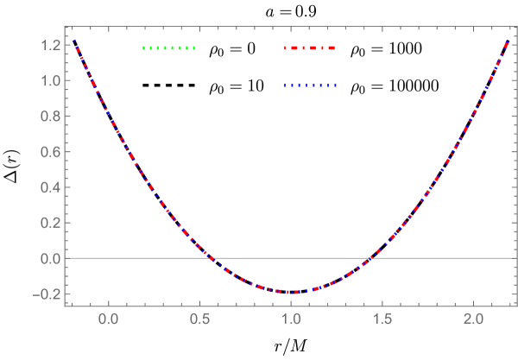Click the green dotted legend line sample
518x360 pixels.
[x=169, y=47]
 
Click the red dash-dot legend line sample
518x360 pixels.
[x=310, y=47]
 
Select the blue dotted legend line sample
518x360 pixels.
[x=310, y=85]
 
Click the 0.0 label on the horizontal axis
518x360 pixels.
[x=109, y=319]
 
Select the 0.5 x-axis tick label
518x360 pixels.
[x=200, y=319]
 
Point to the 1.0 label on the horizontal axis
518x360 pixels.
[x=292, y=319]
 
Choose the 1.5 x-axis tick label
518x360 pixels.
[x=383, y=319]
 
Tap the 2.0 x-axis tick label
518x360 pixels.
[x=474, y=319]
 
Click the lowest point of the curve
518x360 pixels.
[x=292, y=292]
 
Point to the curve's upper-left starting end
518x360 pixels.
[x=73, y=40]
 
